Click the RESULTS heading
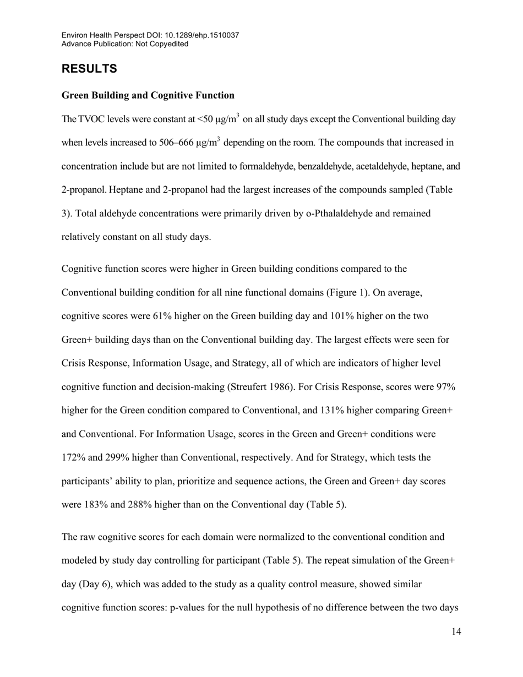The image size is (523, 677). pos(89,69)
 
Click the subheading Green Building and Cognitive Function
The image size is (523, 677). pos(148,95)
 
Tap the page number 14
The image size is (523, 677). pos(456,632)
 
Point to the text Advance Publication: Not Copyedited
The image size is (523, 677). pos(124,43)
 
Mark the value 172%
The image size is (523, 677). pos(72,457)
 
